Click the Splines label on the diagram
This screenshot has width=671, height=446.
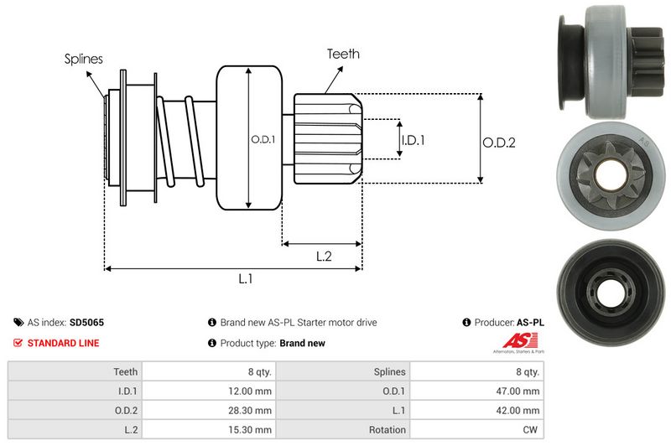[x=83, y=59]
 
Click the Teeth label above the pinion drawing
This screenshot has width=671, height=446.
[x=343, y=54]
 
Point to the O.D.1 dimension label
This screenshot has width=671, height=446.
[x=263, y=139]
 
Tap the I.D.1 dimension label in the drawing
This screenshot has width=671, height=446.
[x=413, y=140]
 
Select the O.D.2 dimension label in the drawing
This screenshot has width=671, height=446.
[x=499, y=143]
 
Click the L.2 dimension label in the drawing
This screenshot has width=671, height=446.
[x=324, y=257]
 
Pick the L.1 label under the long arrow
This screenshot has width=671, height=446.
[x=245, y=279]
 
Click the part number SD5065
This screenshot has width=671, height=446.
[x=87, y=323]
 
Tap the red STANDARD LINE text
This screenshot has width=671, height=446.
[x=64, y=343]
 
